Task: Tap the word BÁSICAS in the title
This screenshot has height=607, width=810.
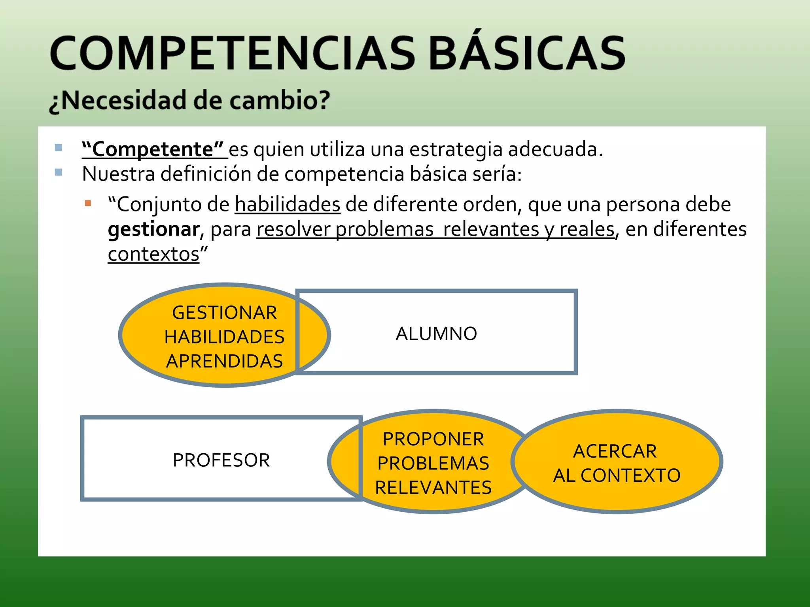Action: tap(526, 53)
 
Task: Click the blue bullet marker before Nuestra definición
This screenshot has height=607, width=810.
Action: tap(59, 172)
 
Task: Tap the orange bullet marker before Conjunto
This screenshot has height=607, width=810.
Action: tap(88, 204)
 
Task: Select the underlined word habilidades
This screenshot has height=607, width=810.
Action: tap(288, 205)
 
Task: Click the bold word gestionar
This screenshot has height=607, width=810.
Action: tap(153, 229)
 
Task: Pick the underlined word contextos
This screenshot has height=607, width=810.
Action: tap(153, 254)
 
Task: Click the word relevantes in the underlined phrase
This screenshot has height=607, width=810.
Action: tap(491, 229)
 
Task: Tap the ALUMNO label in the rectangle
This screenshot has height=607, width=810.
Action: tap(436, 334)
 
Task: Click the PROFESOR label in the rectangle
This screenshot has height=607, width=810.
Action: tap(221, 460)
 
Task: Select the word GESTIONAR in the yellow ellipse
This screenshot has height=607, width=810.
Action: tap(224, 313)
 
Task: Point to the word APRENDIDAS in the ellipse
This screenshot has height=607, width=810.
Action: tap(224, 361)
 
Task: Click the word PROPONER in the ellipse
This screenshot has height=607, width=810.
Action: tap(433, 439)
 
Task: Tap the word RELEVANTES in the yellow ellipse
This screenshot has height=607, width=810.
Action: tap(433, 488)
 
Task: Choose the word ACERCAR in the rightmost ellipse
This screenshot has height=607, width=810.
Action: tap(615, 451)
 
